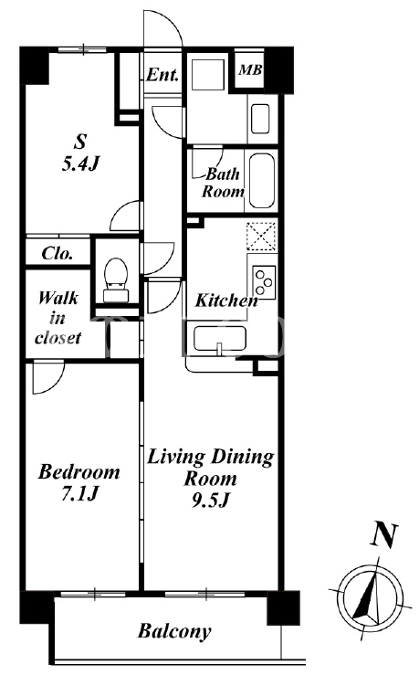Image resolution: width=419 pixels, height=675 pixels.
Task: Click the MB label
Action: click(250, 69)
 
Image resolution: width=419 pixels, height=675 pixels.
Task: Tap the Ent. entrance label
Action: click(162, 75)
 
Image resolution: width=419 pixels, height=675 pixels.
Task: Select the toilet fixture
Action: click(116, 280)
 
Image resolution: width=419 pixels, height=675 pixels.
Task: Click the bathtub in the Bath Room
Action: click(262, 180)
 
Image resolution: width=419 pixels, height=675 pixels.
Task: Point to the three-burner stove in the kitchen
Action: click(264, 282)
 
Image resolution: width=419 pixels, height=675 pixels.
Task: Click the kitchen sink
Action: click(219, 339)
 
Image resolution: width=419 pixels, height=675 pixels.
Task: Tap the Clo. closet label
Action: click(58, 253)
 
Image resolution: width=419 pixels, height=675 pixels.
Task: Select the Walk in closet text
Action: click(58, 318)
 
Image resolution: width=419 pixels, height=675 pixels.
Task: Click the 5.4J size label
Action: click(81, 163)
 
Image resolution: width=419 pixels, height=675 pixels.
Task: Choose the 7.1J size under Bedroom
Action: click(80, 493)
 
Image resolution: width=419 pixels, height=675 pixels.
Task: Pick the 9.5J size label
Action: click(209, 501)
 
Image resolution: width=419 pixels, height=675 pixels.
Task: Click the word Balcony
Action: click(174, 631)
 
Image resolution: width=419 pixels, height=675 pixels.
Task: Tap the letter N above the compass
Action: click(384, 535)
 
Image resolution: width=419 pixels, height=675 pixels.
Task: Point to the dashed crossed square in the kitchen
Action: click(261, 237)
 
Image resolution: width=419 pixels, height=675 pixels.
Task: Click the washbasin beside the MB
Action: click(260, 119)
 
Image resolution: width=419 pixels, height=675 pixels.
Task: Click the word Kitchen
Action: click(226, 301)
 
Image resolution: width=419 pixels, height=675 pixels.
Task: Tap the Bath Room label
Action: click(223, 183)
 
